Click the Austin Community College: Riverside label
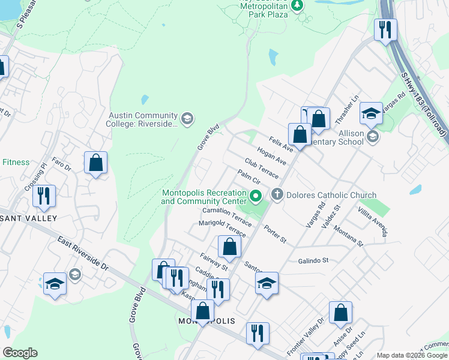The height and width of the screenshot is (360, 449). [x=143, y=119]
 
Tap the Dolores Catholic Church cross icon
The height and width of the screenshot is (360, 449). [x=277, y=194]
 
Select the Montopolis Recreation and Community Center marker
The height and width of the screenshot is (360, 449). [x=256, y=196]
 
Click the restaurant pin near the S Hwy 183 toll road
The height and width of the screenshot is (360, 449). [x=385, y=29]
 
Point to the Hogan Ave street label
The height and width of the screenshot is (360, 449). [x=271, y=155]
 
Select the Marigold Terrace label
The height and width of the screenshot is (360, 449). [x=222, y=228]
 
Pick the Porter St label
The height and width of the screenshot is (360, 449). [x=276, y=235]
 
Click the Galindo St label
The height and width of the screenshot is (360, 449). [x=314, y=261]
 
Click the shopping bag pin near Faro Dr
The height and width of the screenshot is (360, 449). [x=95, y=163]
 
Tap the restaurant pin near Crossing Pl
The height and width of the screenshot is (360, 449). [x=44, y=196]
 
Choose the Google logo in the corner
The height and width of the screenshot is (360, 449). [x=20, y=353]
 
